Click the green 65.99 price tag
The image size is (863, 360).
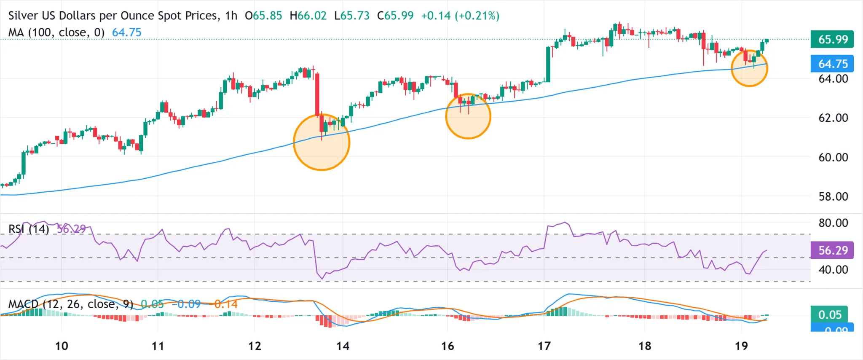(x=832, y=39)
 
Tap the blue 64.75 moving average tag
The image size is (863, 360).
(x=832, y=64)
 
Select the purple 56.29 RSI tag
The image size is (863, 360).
(x=832, y=250)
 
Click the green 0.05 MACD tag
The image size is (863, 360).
(x=830, y=314)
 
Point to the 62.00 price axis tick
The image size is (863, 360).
(x=833, y=118)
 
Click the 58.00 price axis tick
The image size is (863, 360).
(x=833, y=196)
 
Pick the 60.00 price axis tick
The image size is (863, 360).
(x=833, y=157)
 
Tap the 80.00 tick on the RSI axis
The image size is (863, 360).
(x=833, y=223)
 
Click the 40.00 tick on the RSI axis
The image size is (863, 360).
(x=833, y=269)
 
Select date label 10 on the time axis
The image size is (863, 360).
(x=62, y=346)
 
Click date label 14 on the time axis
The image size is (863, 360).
(x=343, y=346)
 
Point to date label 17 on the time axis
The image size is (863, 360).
(x=544, y=346)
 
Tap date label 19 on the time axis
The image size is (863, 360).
(x=741, y=346)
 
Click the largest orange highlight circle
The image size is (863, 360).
(x=322, y=142)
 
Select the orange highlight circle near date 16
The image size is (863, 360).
(x=468, y=116)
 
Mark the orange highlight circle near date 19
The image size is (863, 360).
(x=749, y=68)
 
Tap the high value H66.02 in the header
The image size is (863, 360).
(x=308, y=16)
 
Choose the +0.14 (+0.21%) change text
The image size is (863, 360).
(x=460, y=16)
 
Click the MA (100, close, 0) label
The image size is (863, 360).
(x=56, y=32)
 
